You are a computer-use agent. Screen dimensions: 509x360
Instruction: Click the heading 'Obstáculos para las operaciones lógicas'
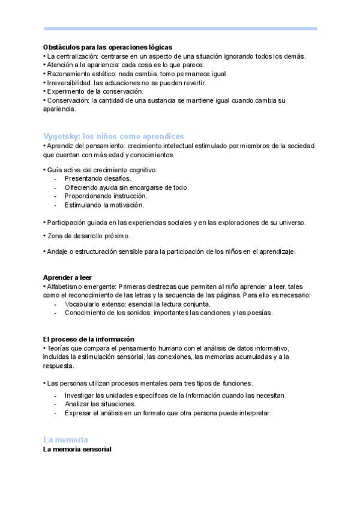point(107,47)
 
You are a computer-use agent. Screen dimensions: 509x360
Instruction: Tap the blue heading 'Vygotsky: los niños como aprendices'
point(113,136)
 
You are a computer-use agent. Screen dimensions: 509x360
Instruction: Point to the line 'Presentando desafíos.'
point(98,178)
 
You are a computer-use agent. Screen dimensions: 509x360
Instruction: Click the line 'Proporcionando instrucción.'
point(106,196)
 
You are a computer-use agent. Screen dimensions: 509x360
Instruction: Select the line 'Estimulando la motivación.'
point(104,205)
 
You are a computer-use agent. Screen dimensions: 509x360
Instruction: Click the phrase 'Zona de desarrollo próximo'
point(88,236)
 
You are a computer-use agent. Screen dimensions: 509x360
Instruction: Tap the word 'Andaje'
point(56,251)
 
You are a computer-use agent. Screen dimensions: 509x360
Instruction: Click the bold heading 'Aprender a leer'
point(68,277)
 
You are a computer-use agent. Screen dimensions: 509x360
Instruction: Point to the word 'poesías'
point(262,313)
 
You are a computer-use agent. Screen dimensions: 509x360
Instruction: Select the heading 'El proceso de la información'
point(89,339)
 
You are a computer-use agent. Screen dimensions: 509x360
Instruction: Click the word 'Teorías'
point(58,348)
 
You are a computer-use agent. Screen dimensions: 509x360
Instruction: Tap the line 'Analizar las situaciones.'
point(100,404)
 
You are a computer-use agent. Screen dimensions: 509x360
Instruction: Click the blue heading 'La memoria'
point(65,439)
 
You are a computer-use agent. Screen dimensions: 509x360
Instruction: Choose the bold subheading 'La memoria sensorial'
point(77,449)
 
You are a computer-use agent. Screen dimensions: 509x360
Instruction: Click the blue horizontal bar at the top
point(180,28)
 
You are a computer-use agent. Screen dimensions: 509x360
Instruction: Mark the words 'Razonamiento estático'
point(73,74)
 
